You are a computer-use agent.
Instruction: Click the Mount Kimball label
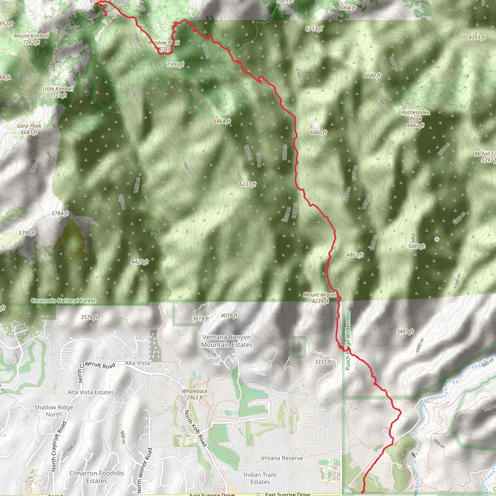point(31,39)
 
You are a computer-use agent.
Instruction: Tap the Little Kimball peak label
point(58,92)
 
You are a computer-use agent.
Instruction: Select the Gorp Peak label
point(29,129)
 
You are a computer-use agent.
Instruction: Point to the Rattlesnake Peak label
point(415,119)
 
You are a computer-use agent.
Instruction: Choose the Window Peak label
point(164,46)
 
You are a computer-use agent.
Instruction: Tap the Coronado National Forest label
point(63,300)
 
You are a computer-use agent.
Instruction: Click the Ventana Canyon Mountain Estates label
point(227,341)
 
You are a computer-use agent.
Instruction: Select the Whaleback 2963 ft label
point(195,394)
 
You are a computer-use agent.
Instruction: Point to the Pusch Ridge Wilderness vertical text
point(348,341)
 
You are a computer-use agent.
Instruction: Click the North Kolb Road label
point(196,428)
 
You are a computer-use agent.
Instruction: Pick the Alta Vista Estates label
point(91,392)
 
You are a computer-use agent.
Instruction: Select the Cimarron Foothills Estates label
point(97,477)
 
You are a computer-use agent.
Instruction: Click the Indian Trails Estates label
point(260,478)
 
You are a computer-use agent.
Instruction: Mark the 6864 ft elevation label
point(222,121)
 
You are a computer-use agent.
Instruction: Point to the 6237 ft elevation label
point(248,184)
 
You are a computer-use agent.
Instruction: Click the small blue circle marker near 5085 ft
point(437,239)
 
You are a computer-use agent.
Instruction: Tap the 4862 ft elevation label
point(355,255)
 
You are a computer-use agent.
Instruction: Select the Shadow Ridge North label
point(54,411)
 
